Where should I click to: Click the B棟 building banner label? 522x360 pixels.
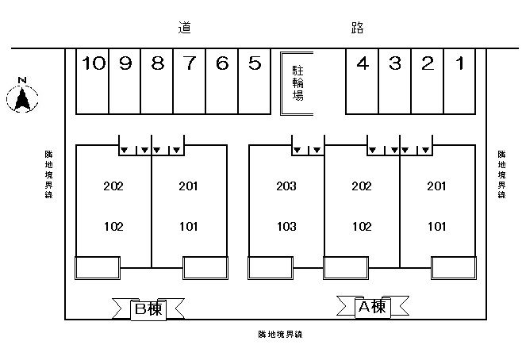pyautogui.click(x=147, y=308)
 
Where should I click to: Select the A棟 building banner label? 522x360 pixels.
pyautogui.click(x=372, y=306)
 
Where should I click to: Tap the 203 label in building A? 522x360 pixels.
pyautogui.click(x=286, y=187)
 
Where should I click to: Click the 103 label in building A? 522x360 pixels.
pyautogui.click(x=286, y=226)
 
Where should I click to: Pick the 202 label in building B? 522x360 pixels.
pyautogui.click(x=113, y=187)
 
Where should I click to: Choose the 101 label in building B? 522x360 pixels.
pyautogui.click(x=188, y=226)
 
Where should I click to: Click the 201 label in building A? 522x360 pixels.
pyautogui.click(x=437, y=187)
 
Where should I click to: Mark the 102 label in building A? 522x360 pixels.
pyautogui.click(x=362, y=226)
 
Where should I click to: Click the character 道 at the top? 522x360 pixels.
pyautogui.click(x=185, y=29)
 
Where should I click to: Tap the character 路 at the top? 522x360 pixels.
pyautogui.click(x=357, y=29)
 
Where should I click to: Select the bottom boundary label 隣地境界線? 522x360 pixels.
pyautogui.click(x=281, y=334)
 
